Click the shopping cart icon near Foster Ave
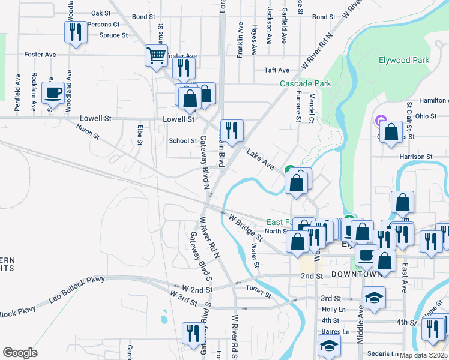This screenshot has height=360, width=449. (156, 56)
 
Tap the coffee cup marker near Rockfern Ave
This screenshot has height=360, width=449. (53, 92)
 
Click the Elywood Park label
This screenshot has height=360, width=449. (403, 60)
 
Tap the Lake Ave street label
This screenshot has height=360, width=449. (261, 160)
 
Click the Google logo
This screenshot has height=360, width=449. (20, 353)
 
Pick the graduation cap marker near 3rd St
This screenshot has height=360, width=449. (374, 297)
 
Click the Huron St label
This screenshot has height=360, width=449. (86, 130)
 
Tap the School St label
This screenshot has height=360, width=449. (182, 141)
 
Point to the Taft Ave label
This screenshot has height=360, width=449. (277, 70)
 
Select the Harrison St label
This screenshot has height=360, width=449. (416, 157)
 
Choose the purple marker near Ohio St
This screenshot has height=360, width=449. (379, 121)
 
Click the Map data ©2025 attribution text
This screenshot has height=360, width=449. (424, 355)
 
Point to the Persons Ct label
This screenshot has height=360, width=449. (103, 25)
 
